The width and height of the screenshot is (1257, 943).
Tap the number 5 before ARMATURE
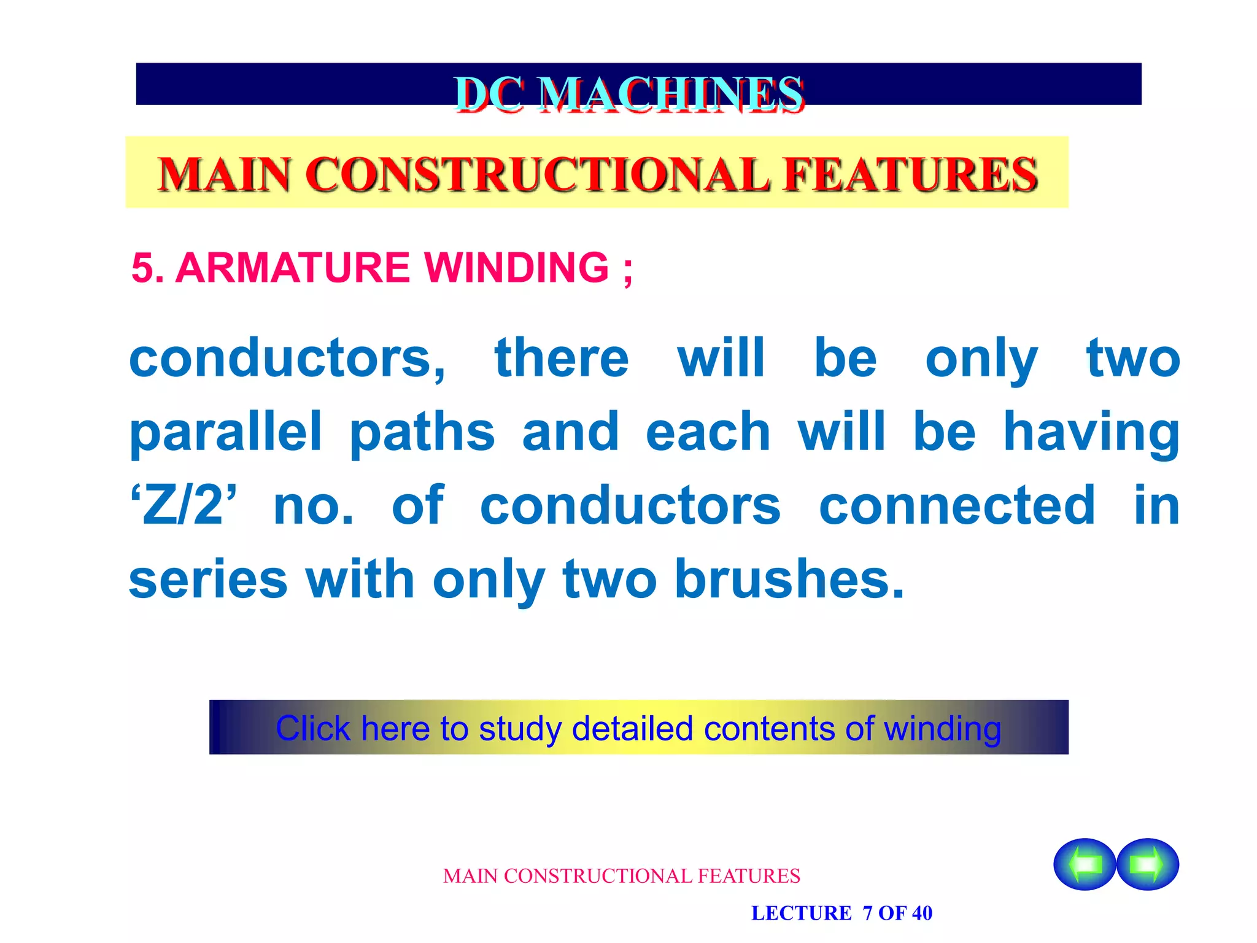click(142, 268)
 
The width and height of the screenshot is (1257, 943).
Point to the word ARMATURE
click(292, 268)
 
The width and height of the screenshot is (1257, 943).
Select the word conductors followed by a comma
click(287, 359)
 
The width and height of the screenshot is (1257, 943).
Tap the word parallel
click(226, 432)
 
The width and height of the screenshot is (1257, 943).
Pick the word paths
click(422, 432)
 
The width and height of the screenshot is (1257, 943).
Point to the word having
click(1091, 432)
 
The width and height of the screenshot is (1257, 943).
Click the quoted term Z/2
click(183, 506)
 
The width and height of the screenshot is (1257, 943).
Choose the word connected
click(957, 506)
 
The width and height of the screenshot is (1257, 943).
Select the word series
click(208, 580)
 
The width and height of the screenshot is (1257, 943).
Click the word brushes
click(789, 580)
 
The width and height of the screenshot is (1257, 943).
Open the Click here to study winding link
click(638, 728)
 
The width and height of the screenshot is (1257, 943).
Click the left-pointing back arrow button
click(1085, 864)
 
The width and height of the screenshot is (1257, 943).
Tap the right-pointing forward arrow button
click(1148, 864)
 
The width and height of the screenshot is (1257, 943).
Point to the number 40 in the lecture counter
click(921, 913)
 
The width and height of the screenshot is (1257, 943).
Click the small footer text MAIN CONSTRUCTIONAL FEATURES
click(621, 876)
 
